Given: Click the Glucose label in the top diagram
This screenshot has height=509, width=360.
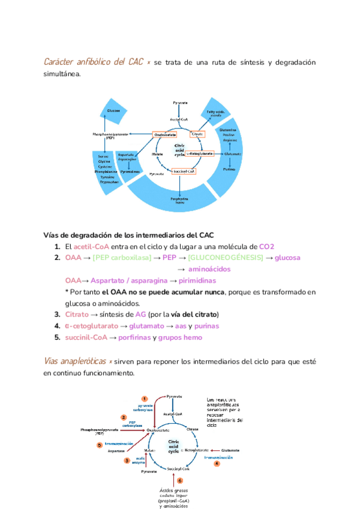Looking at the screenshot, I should (x=113, y=110).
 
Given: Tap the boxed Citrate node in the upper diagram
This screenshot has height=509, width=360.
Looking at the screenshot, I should (x=196, y=134).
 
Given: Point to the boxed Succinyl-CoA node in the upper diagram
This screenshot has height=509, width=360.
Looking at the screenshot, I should (x=183, y=172).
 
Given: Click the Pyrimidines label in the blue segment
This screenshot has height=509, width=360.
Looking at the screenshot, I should (x=130, y=171).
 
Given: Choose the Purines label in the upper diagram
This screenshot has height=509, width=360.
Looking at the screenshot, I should (x=229, y=169).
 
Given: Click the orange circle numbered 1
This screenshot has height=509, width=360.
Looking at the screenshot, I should (x=145, y=399).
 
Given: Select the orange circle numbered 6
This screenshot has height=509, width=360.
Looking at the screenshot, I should (x=180, y=480).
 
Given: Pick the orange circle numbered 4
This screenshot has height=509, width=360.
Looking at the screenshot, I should (x=217, y=463).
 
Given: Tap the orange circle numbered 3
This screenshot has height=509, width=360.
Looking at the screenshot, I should (x=127, y=460).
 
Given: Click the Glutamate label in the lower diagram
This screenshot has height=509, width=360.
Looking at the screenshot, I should (x=230, y=450).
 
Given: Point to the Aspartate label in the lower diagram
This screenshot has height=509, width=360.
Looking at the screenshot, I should (x=116, y=450).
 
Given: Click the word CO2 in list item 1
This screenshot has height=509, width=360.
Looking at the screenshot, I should (x=266, y=247).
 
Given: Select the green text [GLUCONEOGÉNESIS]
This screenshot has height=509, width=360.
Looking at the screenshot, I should (x=225, y=258).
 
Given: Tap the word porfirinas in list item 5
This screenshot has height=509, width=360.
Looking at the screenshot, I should (x=135, y=337).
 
